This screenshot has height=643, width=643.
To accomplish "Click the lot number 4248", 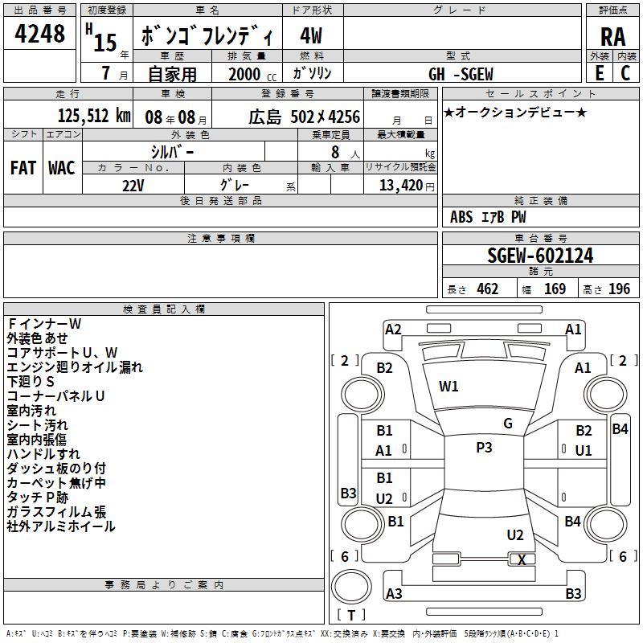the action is tap(39, 34).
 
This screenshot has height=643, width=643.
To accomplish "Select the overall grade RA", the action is tap(612, 37).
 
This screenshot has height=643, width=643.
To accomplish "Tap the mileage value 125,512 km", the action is tap(94, 116).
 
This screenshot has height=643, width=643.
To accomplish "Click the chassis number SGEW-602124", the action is tap(540, 256).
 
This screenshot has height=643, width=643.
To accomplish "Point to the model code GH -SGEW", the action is tap(461, 74).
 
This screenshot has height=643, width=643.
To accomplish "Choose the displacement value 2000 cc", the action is tap(252, 75).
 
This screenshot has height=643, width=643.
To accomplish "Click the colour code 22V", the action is tap(133, 186).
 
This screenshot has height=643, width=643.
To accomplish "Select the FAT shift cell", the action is tap(23, 168).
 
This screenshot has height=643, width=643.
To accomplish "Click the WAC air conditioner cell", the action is tap(62, 168).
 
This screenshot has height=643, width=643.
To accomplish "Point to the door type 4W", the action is tap(311, 35).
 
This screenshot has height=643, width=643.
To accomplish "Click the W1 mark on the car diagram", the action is tap(448, 387).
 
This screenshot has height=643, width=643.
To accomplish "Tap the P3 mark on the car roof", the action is tap(484, 448).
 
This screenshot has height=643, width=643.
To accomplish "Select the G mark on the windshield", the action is tap(508, 424).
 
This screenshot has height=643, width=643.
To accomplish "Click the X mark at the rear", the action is tap(522, 559).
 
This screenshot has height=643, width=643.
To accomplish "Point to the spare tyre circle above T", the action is tap(351, 587).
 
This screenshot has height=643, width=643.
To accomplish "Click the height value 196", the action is tap(619, 289).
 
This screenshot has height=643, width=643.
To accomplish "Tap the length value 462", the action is tap(488, 289).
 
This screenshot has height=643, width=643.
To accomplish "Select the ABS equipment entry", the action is tap(461, 217).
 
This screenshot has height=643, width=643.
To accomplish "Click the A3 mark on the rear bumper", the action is tap(394, 593).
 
